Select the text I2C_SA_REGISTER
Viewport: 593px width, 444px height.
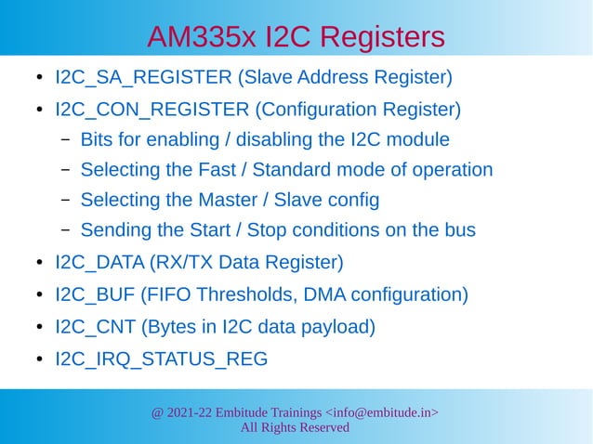point(138,77)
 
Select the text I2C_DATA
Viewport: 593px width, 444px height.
point(96,263)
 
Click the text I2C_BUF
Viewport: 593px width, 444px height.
point(91,295)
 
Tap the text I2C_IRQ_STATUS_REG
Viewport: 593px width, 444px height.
point(161,359)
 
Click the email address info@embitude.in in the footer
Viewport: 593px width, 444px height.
point(381,411)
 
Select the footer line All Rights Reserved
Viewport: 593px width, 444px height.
point(296,427)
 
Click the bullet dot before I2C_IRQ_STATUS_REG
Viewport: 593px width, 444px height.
point(38,359)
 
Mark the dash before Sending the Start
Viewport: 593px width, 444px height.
point(65,230)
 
